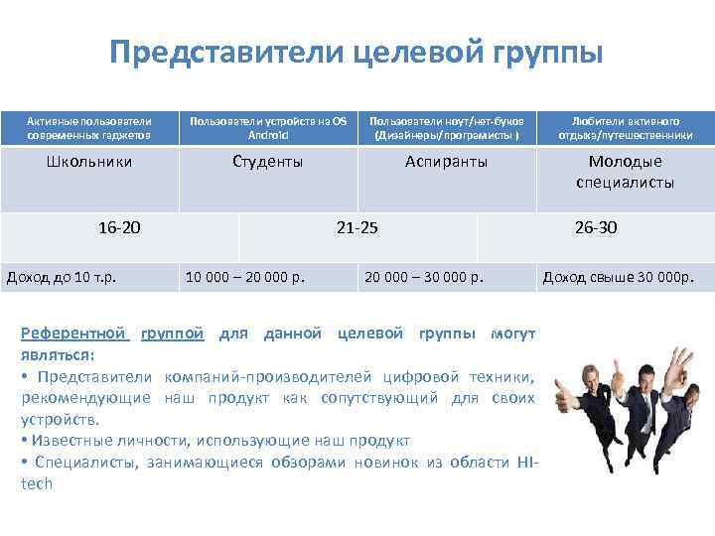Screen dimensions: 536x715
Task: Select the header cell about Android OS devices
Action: [x=268, y=127]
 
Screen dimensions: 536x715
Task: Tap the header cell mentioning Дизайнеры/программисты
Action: [x=446, y=127]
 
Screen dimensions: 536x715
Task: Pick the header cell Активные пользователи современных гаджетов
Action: [x=89, y=127]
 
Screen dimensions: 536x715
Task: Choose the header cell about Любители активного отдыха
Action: [x=625, y=127]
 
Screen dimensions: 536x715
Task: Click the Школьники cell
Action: [x=89, y=161]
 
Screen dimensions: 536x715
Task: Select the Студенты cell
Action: [x=267, y=161]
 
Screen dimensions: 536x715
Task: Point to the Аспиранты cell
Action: [x=446, y=161]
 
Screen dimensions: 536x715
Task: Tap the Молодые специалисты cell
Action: [x=625, y=172]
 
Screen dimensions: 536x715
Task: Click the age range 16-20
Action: [x=119, y=227]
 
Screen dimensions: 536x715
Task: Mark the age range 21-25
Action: [x=357, y=227]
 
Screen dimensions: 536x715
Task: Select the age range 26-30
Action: [x=596, y=227]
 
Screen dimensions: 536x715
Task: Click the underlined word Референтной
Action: [x=75, y=334]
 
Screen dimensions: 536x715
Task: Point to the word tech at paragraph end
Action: [x=37, y=483]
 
